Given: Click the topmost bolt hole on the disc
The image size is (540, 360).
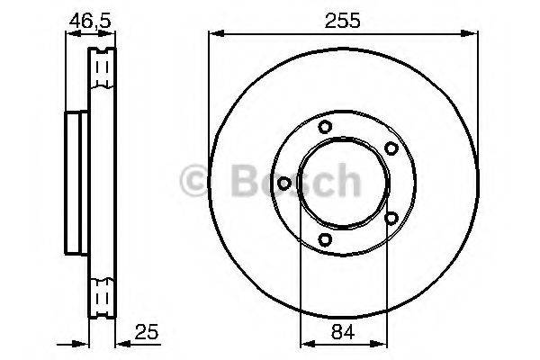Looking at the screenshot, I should [x=325, y=127].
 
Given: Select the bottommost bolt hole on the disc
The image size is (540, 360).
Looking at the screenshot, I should [x=325, y=238].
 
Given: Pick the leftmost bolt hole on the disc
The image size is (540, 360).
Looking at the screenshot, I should [x=284, y=183].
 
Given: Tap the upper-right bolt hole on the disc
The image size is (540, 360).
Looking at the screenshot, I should [x=391, y=148].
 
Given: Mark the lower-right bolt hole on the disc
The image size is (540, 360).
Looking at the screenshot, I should [x=391, y=217].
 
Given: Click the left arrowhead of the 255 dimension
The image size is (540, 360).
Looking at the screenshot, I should [x=214, y=34].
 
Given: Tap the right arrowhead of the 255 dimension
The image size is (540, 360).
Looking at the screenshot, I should [x=472, y=34].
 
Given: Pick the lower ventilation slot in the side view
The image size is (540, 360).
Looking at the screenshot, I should [x=103, y=296].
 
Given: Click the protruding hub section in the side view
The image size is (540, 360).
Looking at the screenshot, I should [x=74, y=182].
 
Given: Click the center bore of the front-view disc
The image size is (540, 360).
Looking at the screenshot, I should [x=343, y=183].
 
